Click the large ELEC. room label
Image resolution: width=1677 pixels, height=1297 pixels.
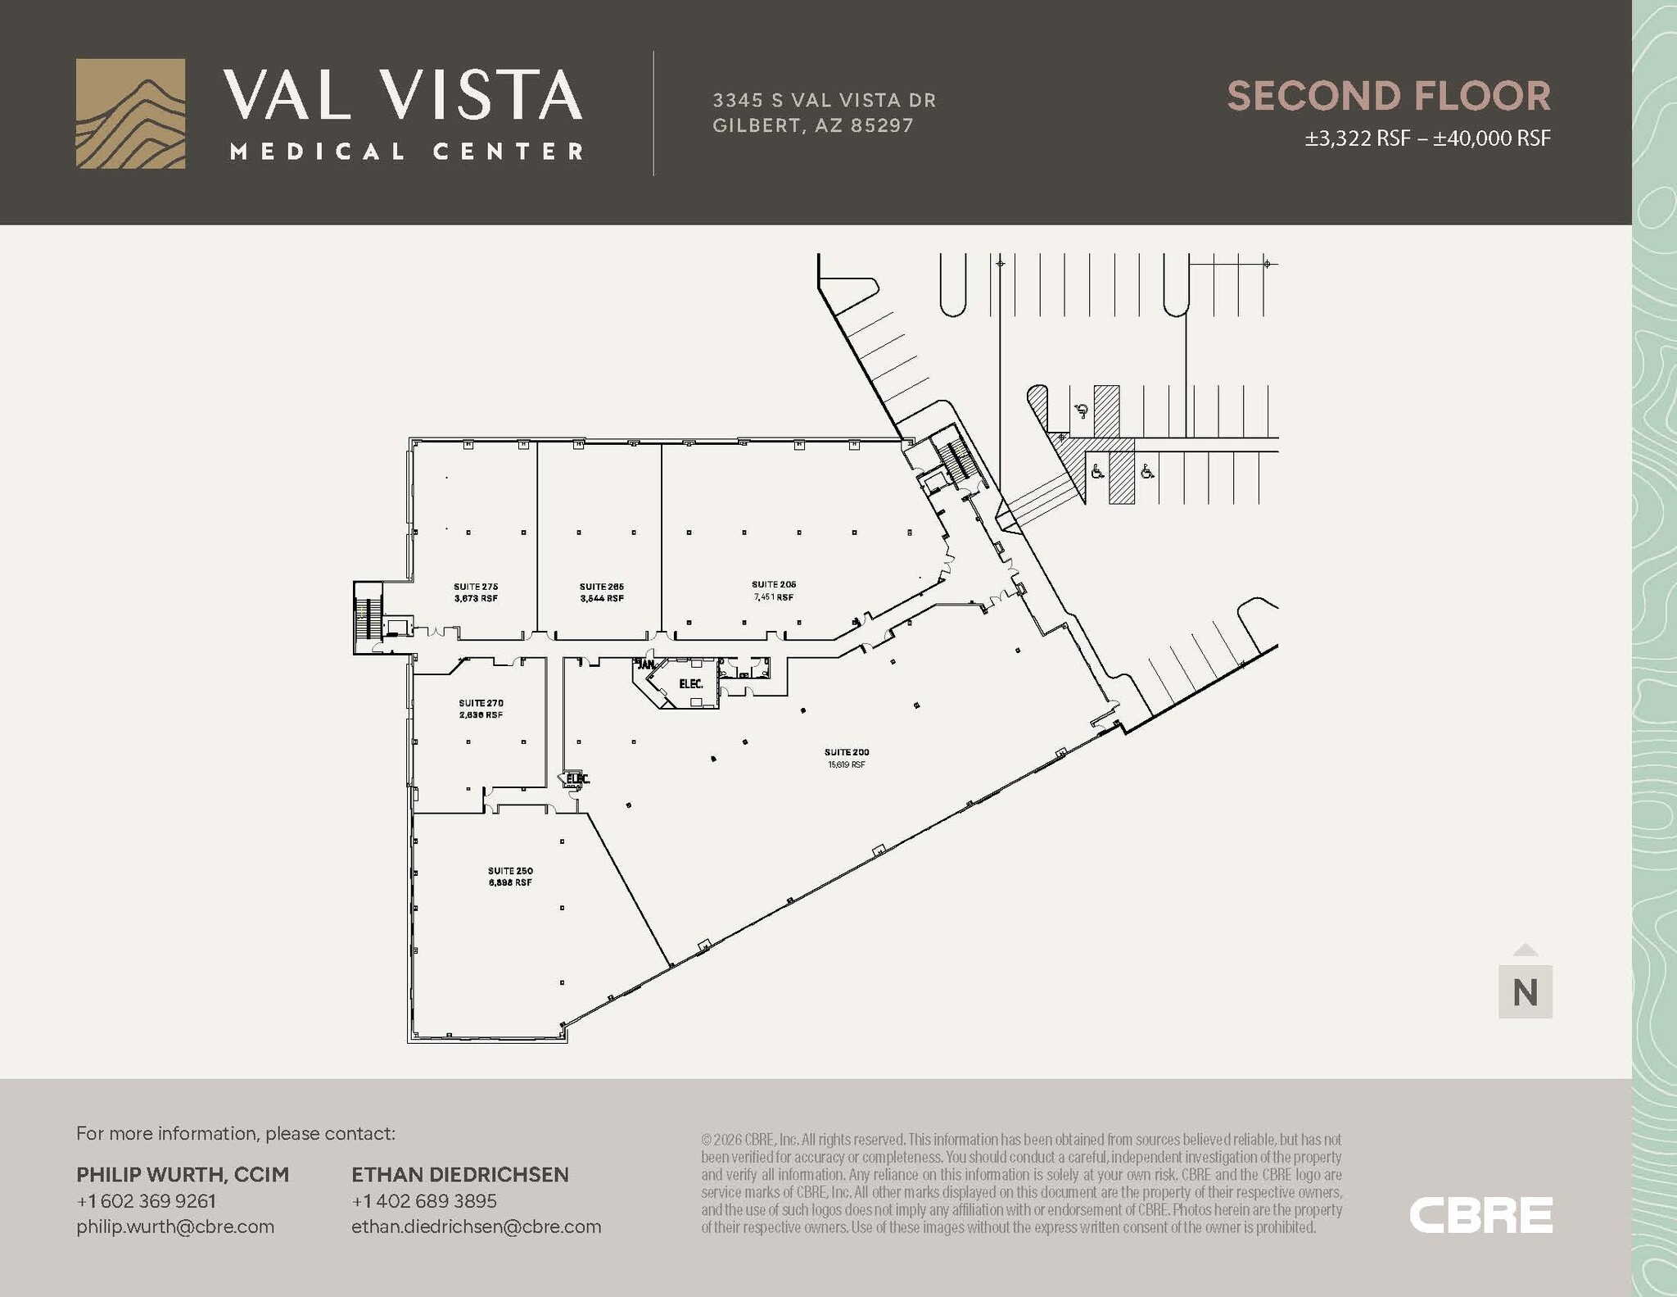(690, 683)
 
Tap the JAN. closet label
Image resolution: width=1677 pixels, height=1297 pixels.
(646, 664)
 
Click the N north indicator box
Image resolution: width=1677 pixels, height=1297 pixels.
(1525, 992)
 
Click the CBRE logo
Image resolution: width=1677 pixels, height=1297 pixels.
(1480, 1214)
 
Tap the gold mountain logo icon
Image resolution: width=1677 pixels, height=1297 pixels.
(130, 114)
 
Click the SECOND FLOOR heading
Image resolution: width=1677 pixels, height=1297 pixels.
(1388, 96)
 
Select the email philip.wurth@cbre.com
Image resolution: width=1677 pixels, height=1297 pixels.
(175, 1227)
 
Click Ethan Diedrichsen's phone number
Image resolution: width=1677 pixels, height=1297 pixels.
(424, 1200)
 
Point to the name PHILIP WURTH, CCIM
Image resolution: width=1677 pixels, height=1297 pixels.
(183, 1174)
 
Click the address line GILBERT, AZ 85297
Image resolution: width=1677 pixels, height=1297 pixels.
(812, 125)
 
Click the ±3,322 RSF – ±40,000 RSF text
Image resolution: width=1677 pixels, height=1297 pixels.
(1427, 138)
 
